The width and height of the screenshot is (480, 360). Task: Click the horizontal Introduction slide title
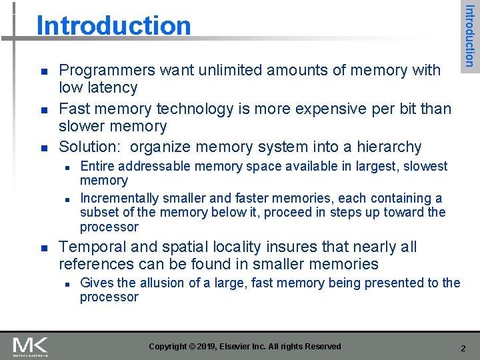click(x=113, y=26)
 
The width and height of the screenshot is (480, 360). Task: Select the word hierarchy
click(x=389, y=147)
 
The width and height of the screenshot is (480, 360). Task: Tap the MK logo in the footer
click(x=31, y=345)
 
